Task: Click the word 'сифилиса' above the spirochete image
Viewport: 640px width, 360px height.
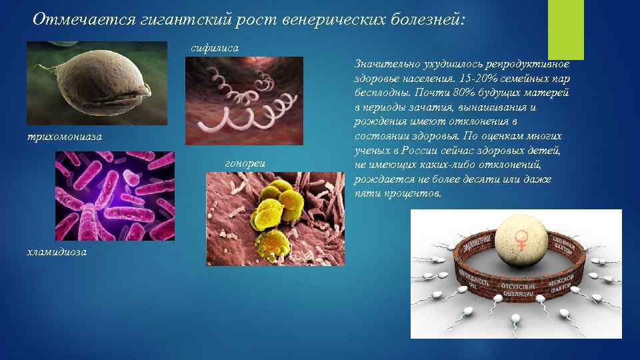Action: [x=210, y=49]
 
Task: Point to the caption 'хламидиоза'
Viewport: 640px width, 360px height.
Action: [x=56, y=253]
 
